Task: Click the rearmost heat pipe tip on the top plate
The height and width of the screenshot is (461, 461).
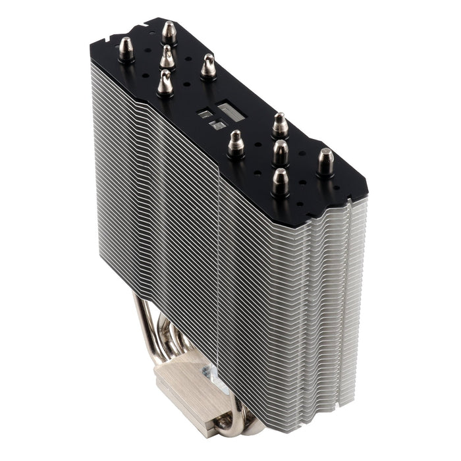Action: (x=169, y=32)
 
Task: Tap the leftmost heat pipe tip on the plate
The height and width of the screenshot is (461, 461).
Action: (x=126, y=50)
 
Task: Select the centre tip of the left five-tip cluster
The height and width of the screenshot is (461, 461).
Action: (x=167, y=57)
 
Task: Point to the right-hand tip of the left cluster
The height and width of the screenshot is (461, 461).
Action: (x=209, y=67)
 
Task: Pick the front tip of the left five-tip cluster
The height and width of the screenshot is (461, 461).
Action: (x=165, y=83)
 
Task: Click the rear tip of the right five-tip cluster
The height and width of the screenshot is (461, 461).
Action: (x=281, y=124)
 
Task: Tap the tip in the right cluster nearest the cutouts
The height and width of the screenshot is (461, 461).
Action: (x=236, y=143)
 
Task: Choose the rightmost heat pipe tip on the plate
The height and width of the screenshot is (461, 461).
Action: (x=325, y=161)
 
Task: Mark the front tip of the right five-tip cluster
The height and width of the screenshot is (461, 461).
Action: (x=280, y=182)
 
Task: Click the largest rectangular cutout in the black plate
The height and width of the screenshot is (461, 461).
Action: (x=231, y=111)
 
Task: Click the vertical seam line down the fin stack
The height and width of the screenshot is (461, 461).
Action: (x=217, y=263)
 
